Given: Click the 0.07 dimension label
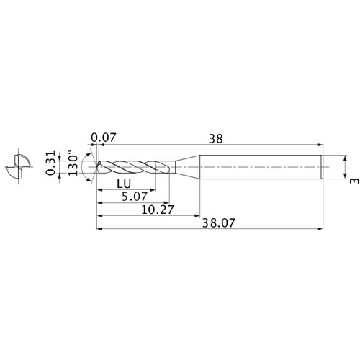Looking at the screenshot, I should pyautogui.click(x=104, y=137).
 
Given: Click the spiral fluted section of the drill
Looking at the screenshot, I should pyautogui.click(x=133, y=166).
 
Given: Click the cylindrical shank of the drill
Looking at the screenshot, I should pyautogui.click(x=259, y=166).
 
